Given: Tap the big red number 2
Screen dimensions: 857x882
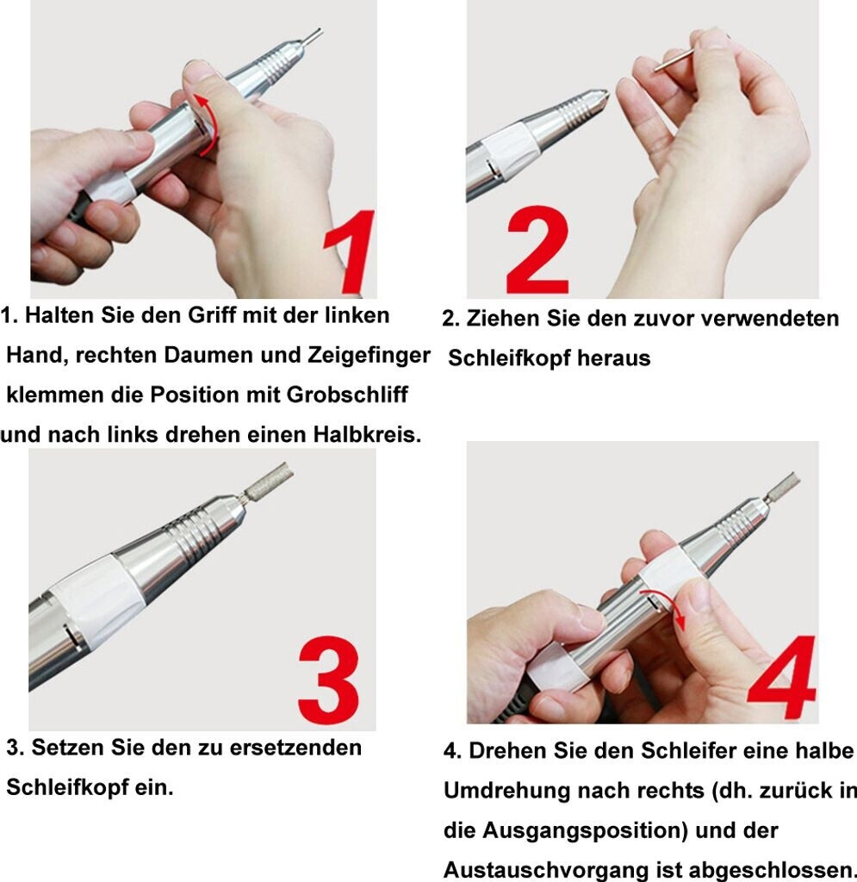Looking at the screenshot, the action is click(537, 251).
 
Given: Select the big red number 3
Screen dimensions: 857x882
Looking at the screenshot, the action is click(329, 680).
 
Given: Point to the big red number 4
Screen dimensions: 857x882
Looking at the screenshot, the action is click(783, 677).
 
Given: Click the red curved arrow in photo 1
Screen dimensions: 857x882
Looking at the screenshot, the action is click(209, 124).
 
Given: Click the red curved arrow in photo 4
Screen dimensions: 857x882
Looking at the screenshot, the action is click(669, 609).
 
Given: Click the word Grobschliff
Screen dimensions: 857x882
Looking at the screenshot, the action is click(347, 394).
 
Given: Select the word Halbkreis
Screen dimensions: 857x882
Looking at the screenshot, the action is click(367, 434).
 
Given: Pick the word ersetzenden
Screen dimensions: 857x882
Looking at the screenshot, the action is click(295, 748).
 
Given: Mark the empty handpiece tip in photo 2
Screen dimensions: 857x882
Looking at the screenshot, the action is click(585, 106).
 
